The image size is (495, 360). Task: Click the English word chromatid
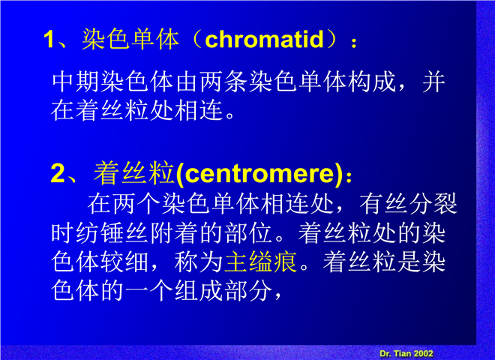click(x=265, y=40)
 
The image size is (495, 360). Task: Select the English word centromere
click(x=259, y=174)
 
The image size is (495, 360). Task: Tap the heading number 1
click(x=49, y=40)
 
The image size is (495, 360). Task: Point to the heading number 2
click(x=57, y=173)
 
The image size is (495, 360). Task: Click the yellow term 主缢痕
click(x=260, y=262)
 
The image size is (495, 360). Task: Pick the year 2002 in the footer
click(x=423, y=353)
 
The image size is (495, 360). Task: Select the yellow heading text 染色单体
click(x=130, y=39)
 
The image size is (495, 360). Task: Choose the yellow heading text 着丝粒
click(x=134, y=173)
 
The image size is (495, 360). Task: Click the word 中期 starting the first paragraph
click(x=76, y=82)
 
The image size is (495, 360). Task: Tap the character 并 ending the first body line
click(x=434, y=82)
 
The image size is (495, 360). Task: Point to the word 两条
click(x=223, y=82)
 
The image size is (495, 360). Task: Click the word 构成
click(x=372, y=82)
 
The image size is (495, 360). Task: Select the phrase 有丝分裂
click(x=409, y=204)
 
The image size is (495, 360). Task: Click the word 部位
click(x=248, y=233)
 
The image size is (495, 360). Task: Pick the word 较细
click(x=125, y=262)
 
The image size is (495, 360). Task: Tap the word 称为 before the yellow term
click(x=199, y=262)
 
